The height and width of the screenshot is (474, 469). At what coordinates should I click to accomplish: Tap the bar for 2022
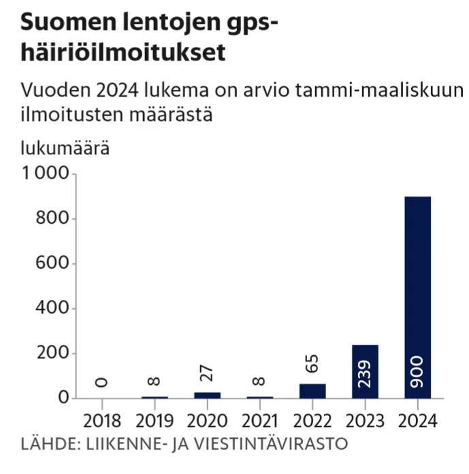[312, 391]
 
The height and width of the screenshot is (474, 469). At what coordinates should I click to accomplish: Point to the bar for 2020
[207, 395]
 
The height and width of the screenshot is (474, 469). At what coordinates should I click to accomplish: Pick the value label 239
[366, 373]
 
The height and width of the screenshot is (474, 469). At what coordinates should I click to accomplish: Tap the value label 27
[207, 373]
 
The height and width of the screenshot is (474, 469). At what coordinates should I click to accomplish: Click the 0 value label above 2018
[101, 382]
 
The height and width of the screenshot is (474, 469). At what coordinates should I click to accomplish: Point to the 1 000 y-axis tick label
[46, 174]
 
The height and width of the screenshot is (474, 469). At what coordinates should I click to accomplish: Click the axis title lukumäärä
[65, 148]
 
